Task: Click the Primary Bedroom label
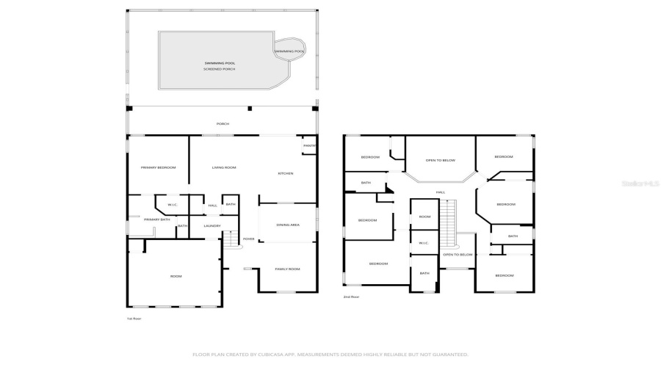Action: click(x=159, y=168)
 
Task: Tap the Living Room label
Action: click(x=224, y=168)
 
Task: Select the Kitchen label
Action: click(x=285, y=173)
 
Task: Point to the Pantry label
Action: click(x=309, y=146)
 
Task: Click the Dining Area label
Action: click(x=287, y=225)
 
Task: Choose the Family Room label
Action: click(x=287, y=269)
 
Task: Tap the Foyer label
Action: click(x=249, y=239)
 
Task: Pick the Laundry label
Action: click(x=212, y=226)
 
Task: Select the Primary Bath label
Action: click(x=157, y=219)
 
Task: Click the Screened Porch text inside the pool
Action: click(x=215, y=69)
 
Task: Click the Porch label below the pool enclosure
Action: click(x=223, y=124)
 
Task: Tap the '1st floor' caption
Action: click(x=134, y=319)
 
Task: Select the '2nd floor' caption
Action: click(x=351, y=297)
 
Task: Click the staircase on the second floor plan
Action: click(x=447, y=224)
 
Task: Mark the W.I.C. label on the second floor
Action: click(x=424, y=243)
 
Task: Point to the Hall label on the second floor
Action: click(x=441, y=192)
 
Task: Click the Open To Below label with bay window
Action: click(x=441, y=160)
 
